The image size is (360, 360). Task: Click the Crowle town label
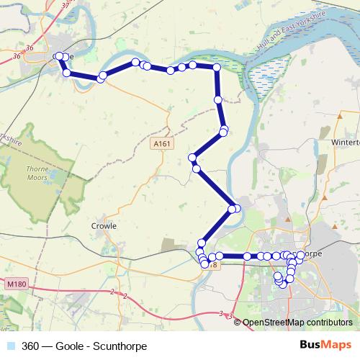[x=104, y=225]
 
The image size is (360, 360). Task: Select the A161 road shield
[x=163, y=144]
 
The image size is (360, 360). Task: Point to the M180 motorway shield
[x=16, y=284]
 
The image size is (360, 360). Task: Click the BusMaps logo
[x=324, y=343]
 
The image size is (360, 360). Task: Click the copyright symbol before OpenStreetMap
[x=238, y=323]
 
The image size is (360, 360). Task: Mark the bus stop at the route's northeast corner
[x=217, y=67]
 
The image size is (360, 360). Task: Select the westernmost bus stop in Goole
[x=58, y=55]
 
